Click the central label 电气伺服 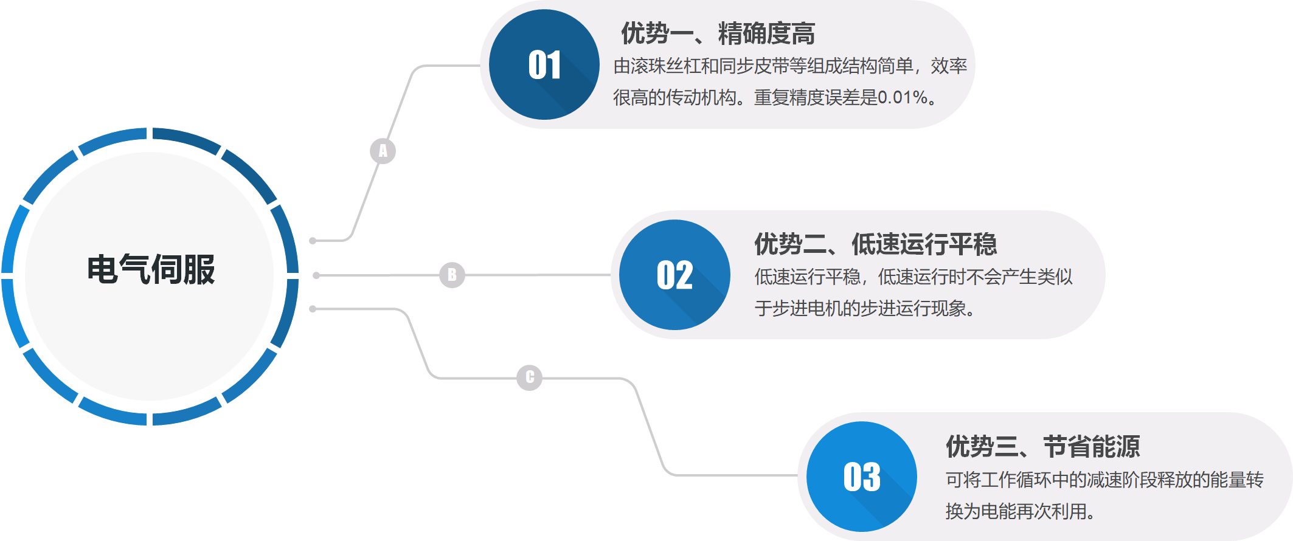(151, 269)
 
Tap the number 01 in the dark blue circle (544, 65)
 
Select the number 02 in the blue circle (674, 275)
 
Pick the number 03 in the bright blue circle (862, 477)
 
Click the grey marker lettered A (383, 151)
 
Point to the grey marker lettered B (452, 275)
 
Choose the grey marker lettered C (530, 377)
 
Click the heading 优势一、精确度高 (718, 33)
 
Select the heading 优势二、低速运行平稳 (875, 244)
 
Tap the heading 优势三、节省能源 (1042, 447)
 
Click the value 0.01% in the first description (903, 97)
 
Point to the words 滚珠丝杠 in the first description (666, 66)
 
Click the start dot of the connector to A (313, 241)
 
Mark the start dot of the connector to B (316, 275)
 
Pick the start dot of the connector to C (313, 309)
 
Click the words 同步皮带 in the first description (754, 66)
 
